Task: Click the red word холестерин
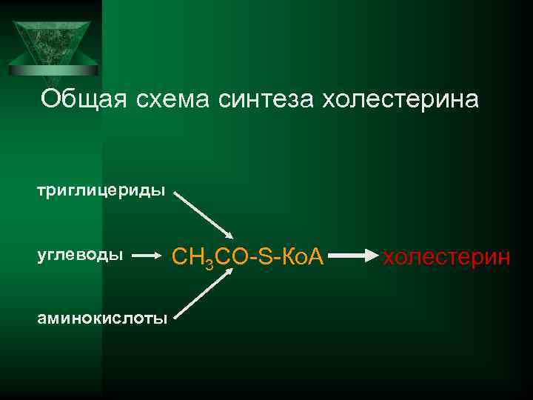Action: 446,257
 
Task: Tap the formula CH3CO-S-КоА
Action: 247,258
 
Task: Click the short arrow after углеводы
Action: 152,256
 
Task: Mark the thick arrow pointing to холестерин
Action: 352,257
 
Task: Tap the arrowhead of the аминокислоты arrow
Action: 229,275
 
